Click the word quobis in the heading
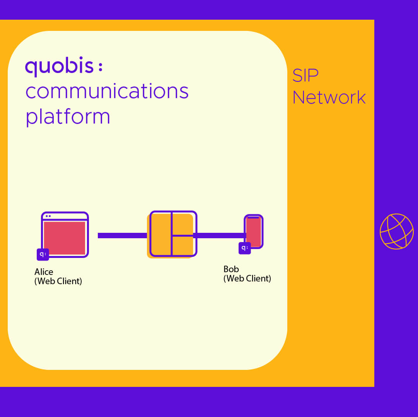(x=59, y=67)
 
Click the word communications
(x=107, y=92)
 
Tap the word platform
(x=68, y=116)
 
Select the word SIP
(x=305, y=75)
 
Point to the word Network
(x=329, y=97)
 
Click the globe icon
(x=397, y=231)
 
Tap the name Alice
(x=44, y=272)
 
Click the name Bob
(x=231, y=269)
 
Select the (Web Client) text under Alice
(x=58, y=281)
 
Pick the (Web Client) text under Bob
(x=247, y=278)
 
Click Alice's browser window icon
(x=65, y=234)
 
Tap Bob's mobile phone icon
(x=254, y=232)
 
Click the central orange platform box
(x=172, y=234)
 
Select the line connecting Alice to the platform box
(x=122, y=236)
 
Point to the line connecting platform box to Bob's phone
(x=219, y=235)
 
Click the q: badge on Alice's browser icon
(x=43, y=254)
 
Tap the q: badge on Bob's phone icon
(x=244, y=248)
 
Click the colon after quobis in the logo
(x=100, y=67)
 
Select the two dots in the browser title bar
(x=48, y=216)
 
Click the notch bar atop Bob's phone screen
(x=253, y=218)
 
